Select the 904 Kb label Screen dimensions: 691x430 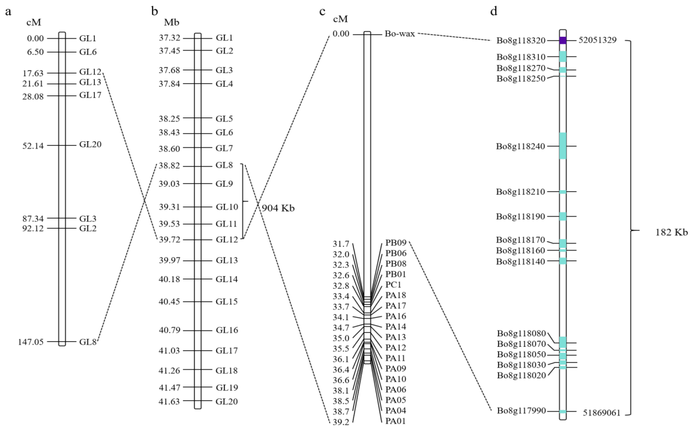tap(278, 208)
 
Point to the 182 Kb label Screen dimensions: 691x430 tap(671, 232)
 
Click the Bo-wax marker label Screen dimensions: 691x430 tap(400, 34)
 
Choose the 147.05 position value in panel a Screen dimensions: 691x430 tap(31, 342)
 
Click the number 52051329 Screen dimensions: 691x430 tap(598, 40)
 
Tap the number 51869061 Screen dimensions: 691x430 tap(601, 413)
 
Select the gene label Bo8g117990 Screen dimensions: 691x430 tap(521, 411)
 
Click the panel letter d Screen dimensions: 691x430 tap(494, 11)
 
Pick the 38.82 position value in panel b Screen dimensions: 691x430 tap(169, 166)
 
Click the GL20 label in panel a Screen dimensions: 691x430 tap(90, 144)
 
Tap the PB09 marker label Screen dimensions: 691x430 tap(396, 243)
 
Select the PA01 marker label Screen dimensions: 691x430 tap(395, 421)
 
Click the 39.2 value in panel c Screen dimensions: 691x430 tap(341, 422)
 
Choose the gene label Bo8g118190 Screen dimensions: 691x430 tap(520, 217)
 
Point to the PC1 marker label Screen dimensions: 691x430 tap(393, 285)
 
